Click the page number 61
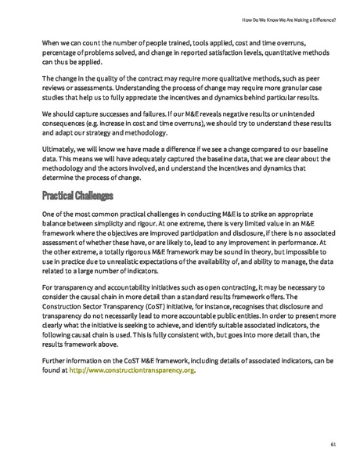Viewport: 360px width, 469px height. tap(333, 444)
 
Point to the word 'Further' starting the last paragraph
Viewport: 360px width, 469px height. tap(55, 360)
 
